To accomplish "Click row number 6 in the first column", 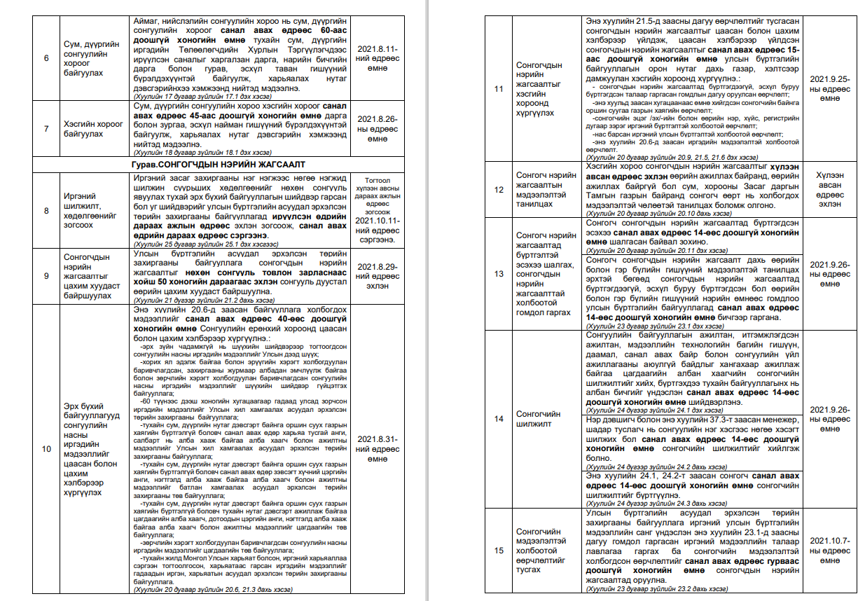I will tap(46, 57).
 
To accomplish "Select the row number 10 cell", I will tap(46, 449).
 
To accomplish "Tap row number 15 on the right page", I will tap(499, 550).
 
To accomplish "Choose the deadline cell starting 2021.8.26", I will tap(378, 129).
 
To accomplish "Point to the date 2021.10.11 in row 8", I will tap(378, 220).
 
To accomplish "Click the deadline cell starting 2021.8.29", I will tap(378, 276).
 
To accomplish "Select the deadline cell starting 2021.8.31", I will tap(378, 448).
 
